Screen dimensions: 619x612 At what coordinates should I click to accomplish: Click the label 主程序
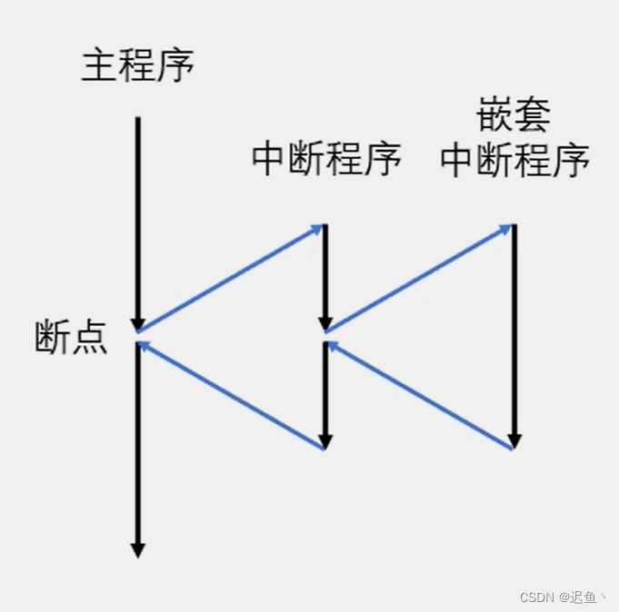point(138,66)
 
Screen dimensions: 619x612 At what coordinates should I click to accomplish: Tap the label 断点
point(71,338)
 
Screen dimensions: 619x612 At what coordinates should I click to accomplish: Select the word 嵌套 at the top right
point(514,116)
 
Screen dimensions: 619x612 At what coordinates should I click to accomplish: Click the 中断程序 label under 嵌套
point(514,161)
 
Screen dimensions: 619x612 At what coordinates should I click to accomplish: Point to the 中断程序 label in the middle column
point(326,161)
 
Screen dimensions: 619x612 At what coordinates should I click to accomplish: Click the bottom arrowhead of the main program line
point(138,549)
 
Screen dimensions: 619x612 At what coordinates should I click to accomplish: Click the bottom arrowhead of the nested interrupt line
point(514,441)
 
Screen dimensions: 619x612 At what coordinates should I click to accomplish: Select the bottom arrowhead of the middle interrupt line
point(324,441)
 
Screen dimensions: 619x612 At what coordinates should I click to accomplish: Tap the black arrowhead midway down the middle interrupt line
point(325,323)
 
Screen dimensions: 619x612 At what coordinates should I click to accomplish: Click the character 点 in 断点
point(90,338)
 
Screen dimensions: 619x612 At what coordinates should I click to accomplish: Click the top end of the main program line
point(138,119)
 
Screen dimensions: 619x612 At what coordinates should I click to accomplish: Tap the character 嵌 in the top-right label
point(495,116)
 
